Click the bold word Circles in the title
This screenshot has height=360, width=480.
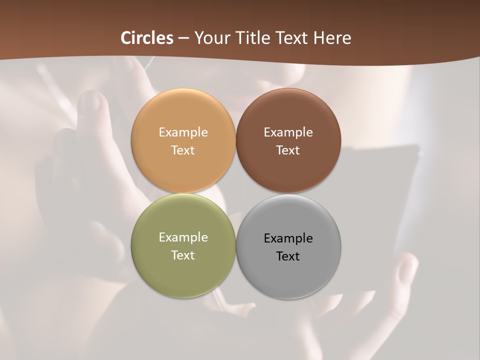pos(147,38)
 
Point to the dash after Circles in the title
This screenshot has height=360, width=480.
pos(183,38)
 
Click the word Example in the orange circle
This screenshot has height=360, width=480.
pos(183,132)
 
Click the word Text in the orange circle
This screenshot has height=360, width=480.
pos(183,150)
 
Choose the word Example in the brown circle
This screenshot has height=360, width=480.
pos(288,132)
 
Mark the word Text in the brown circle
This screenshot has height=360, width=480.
pos(288,150)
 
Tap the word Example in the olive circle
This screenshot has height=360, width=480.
pos(183,237)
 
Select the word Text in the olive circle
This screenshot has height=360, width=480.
pos(183,255)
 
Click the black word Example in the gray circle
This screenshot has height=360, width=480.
pos(288,238)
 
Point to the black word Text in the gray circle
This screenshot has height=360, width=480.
pos(288,256)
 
